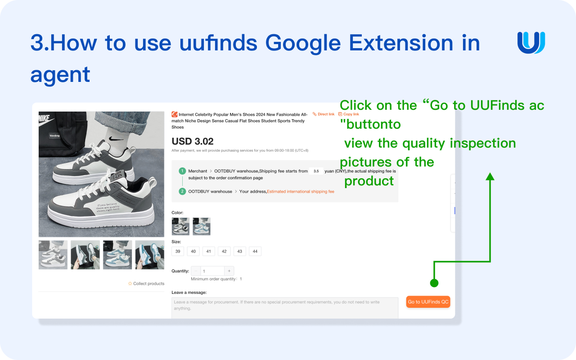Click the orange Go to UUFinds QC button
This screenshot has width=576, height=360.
428,302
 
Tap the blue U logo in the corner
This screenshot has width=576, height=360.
531,43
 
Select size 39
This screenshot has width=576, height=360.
178,252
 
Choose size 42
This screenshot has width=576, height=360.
224,252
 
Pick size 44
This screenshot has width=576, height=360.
255,252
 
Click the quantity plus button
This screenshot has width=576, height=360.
229,271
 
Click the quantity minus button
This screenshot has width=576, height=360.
196,271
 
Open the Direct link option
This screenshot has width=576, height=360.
324,114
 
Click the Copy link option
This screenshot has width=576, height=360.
349,114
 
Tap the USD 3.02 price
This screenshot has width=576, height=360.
193,142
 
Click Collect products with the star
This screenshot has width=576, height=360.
146,283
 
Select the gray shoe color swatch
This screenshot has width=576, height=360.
180,226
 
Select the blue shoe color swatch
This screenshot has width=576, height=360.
202,226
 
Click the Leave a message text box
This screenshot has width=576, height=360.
285,308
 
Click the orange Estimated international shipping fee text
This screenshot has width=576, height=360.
301,191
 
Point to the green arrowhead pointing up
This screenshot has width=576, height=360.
490,176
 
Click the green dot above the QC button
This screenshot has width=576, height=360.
434,283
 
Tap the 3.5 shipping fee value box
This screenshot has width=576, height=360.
316,171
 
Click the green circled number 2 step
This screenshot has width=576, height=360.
182,191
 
